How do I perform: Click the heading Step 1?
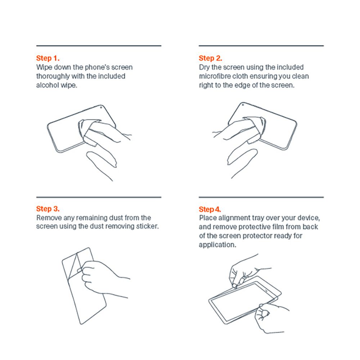48,58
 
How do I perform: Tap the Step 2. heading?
210,58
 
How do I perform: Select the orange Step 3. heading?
48,209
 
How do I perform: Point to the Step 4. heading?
210,209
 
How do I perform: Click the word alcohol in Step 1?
48,85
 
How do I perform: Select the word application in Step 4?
217,245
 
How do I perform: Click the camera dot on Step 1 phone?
101,107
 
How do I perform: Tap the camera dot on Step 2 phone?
243,105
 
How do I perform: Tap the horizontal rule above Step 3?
99,197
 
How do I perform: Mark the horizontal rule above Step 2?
261,46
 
